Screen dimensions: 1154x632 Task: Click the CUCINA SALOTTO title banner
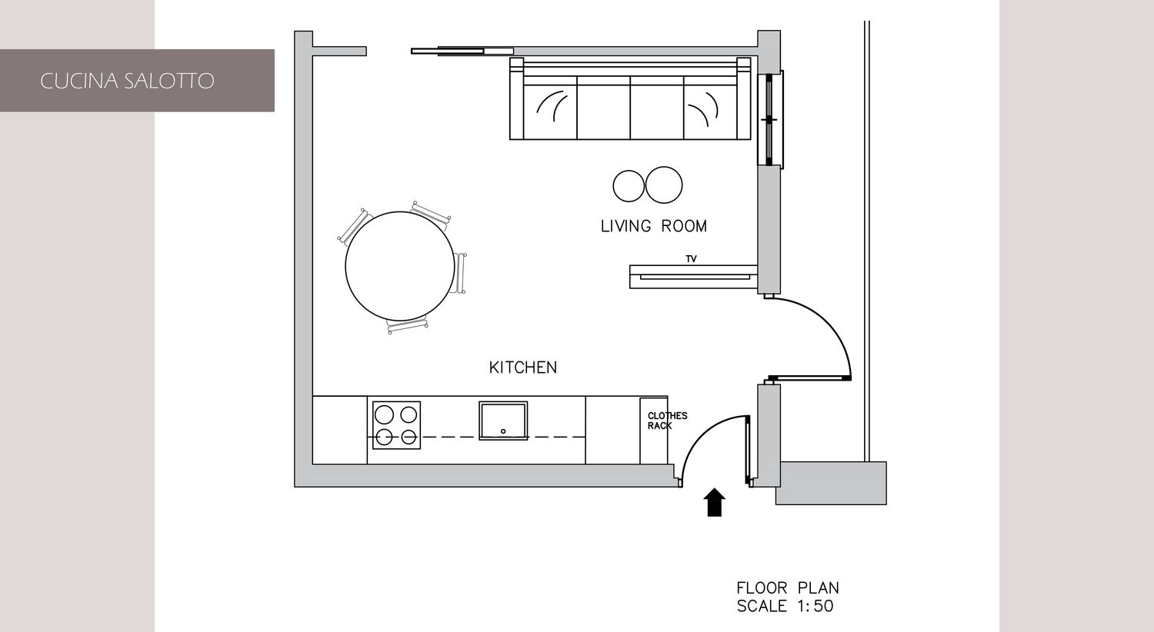click(137, 80)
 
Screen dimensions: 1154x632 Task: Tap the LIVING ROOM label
click(654, 226)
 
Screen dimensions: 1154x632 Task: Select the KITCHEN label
click(523, 368)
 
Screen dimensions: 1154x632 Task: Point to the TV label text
click(692, 259)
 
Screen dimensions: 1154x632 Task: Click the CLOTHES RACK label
click(667, 421)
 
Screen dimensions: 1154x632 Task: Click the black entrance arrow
click(715, 502)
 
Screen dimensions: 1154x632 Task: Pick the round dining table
click(400, 265)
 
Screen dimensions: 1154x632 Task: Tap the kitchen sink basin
click(503, 421)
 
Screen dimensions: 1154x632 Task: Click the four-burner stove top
click(396, 425)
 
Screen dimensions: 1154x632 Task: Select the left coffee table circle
click(629, 186)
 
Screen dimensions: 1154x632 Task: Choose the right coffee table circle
click(663, 185)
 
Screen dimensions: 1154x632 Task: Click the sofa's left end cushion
click(550, 108)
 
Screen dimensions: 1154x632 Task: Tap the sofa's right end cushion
click(710, 108)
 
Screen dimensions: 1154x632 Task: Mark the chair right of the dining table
click(461, 273)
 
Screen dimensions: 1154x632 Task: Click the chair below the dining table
click(408, 325)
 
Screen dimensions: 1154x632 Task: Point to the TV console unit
click(693, 277)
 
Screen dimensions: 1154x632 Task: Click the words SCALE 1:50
click(785, 607)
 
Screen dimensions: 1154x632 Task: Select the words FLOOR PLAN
click(788, 587)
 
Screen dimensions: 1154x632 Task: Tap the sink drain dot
click(503, 431)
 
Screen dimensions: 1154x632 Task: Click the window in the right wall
click(771, 119)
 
